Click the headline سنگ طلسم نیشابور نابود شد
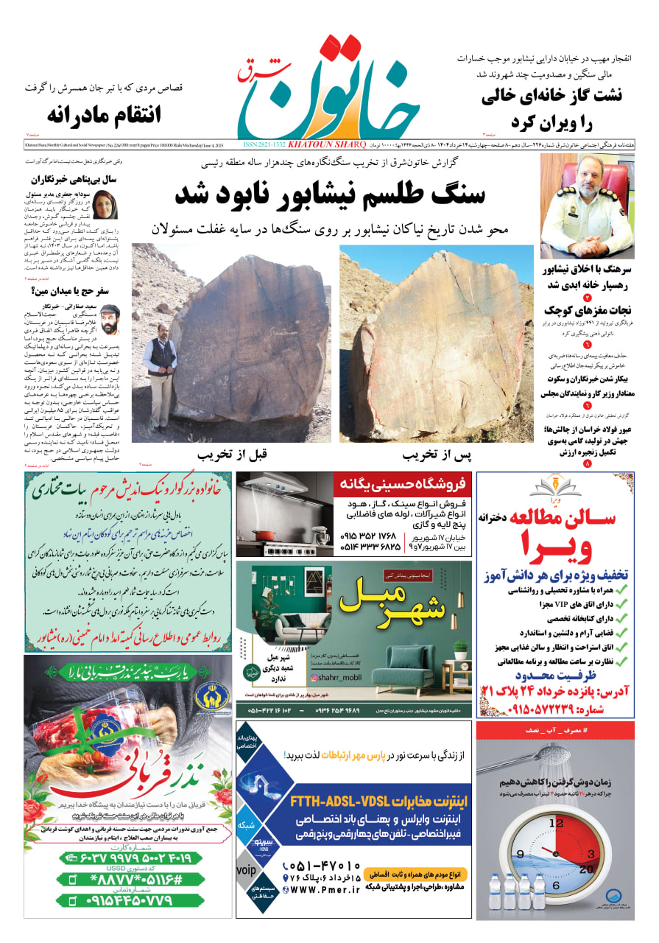(329, 193)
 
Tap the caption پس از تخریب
(435, 455)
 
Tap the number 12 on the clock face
(557, 824)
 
